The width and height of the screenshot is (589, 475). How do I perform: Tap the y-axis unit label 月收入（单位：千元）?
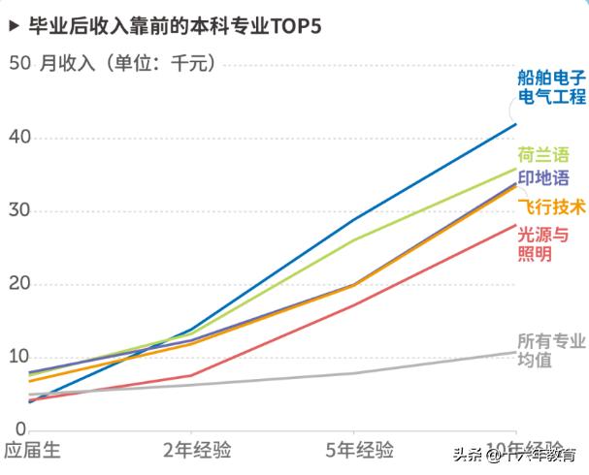(126, 64)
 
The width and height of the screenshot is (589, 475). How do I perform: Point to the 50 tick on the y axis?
(18, 64)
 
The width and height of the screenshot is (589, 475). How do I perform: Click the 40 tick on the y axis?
(18, 138)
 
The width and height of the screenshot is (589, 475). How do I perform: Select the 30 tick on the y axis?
(18, 211)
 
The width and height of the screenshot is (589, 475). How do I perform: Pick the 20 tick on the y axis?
(18, 284)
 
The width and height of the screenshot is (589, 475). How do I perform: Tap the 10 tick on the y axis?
(18, 357)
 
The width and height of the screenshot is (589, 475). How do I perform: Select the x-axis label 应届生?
(32, 451)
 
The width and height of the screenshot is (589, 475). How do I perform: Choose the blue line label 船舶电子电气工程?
(552, 86)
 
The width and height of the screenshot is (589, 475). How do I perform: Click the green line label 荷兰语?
(543, 155)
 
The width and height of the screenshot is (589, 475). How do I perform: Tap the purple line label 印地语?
(543, 178)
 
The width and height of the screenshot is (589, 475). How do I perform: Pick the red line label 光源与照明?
(543, 244)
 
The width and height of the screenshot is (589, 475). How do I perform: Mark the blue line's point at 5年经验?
(353, 219)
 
